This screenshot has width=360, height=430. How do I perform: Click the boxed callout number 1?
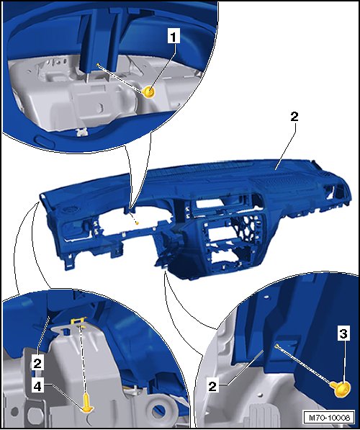pyautogui.click(x=173, y=37)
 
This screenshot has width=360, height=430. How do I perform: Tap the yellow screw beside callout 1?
pyautogui.click(x=150, y=92)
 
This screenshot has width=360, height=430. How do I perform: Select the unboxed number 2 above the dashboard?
pyautogui.click(x=294, y=117)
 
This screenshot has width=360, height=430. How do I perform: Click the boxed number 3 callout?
pyautogui.click(x=343, y=333)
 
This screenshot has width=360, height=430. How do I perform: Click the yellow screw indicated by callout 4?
pyautogui.click(x=87, y=403)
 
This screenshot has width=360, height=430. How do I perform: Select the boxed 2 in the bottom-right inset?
pyautogui.click(x=212, y=387)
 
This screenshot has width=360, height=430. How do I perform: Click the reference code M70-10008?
pyautogui.click(x=329, y=418)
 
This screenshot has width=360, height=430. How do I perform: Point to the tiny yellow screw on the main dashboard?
pyautogui.click(x=137, y=223)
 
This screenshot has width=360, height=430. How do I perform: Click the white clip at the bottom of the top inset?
pyautogui.click(x=81, y=133)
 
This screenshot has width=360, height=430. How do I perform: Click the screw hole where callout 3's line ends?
pyautogui.click(x=277, y=346)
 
